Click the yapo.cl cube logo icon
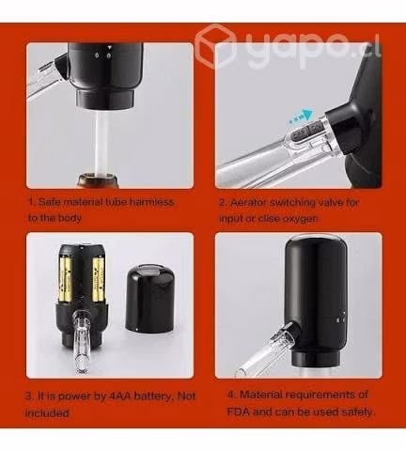point(215,46)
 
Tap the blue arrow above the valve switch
point(302,116)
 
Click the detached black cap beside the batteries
point(150,298)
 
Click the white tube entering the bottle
point(102,143)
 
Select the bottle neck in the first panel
point(98,180)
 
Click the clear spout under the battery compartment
point(83,341)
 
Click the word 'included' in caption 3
point(47,413)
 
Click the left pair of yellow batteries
point(67,280)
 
